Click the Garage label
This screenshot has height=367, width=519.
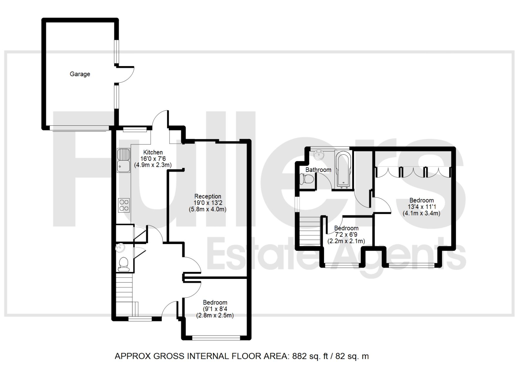coord(80,74)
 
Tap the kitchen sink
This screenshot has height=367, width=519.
coord(123,160)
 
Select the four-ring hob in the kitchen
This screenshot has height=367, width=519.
coord(124,205)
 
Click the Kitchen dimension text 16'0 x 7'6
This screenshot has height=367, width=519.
coord(153,159)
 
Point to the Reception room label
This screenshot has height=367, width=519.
coord(208,196)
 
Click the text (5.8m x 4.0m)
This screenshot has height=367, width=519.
coord(208,209)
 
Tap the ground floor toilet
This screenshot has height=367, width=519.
coord(123,264)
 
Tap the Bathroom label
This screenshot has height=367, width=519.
coord(318,170)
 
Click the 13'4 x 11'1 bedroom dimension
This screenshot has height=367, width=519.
coord(421,207)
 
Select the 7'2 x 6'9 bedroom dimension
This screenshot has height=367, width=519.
coord(346,235)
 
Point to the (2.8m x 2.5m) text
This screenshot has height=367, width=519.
coord(215,316)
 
